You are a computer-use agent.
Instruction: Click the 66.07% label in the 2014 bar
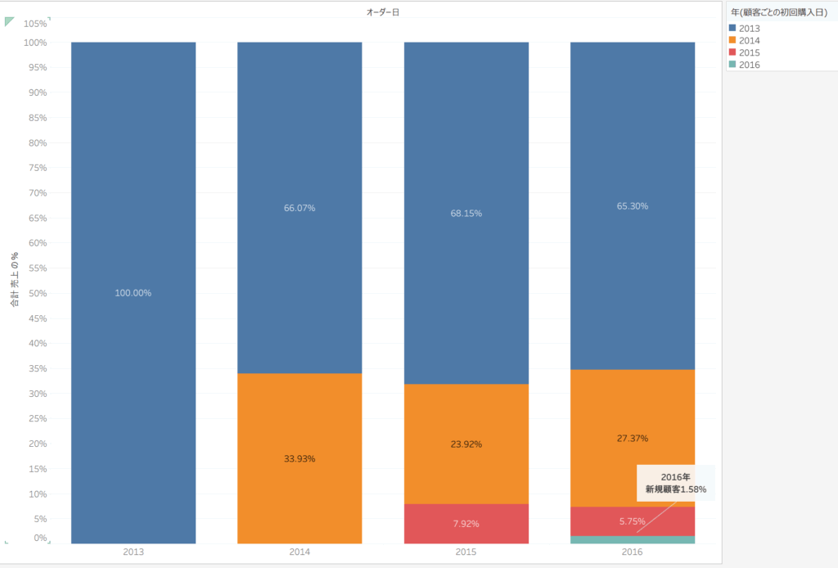tap(300, 208)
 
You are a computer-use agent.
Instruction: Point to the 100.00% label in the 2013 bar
tap(133, 293)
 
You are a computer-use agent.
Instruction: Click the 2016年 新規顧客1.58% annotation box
tap(675, 483)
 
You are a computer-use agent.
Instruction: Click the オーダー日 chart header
tap(383, 11)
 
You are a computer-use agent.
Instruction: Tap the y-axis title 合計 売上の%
tap(15, 280)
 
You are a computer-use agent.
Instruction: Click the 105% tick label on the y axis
tap(35, 23)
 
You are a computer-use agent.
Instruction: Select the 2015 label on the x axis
tap(466, 552)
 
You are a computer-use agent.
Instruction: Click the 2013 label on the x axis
tap(133, 552)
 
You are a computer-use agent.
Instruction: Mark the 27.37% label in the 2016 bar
tap(632, 439)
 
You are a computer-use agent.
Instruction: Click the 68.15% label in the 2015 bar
tap(466, 213)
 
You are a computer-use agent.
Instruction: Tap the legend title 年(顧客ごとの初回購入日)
tap(778, 12)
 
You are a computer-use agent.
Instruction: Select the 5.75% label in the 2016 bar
tap(632, 521)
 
